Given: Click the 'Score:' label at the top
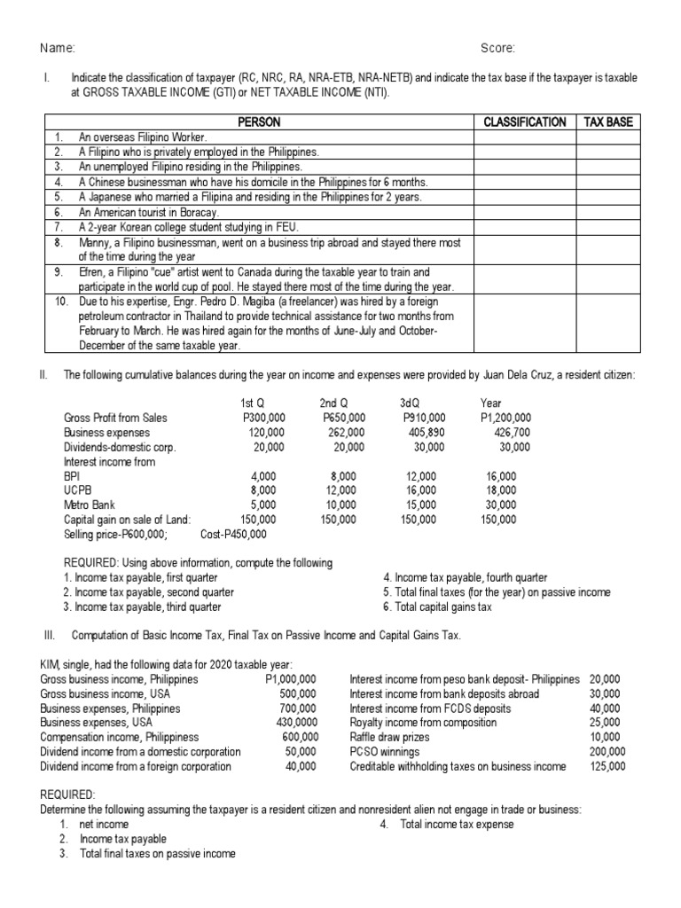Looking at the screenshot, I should coord(497,48).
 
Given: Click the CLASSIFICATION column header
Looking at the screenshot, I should coord(525,121).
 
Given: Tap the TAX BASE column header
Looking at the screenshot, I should coord(608,121).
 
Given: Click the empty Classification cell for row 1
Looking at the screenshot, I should coord(525,137).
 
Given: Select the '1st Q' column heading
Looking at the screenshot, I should coord(241,403).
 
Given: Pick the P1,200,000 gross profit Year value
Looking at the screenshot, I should coord(505,418).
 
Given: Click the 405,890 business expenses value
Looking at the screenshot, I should coord(425,433).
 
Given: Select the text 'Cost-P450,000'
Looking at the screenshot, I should coord(233,534).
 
